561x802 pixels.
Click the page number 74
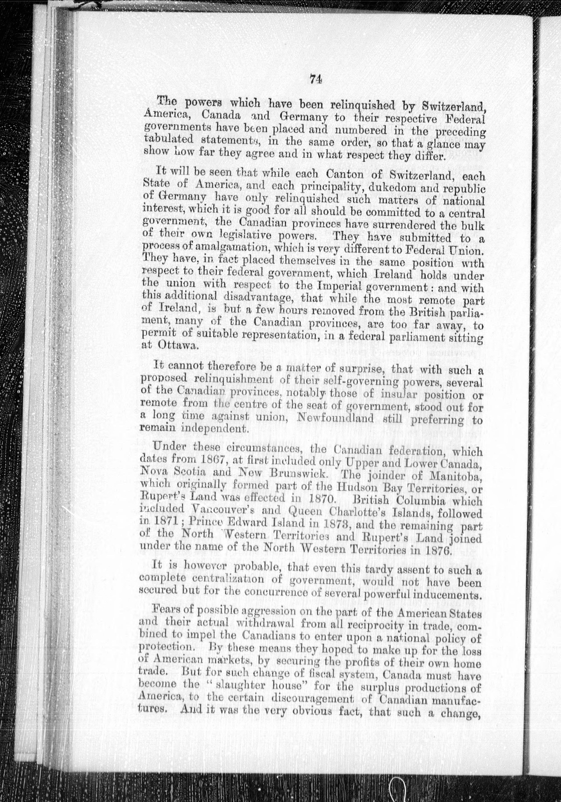click(x=315, y=80)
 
